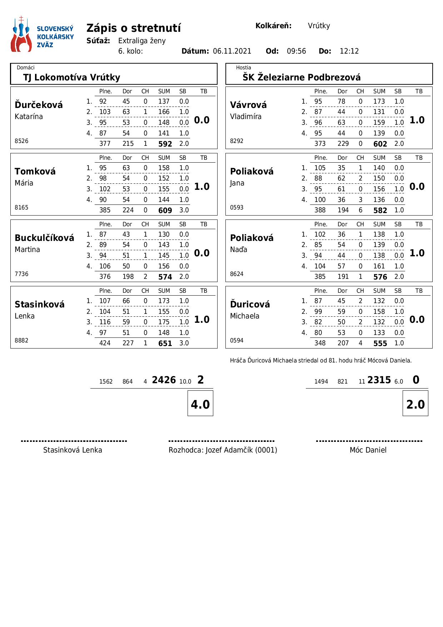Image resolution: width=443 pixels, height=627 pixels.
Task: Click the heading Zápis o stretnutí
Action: pos(133,28)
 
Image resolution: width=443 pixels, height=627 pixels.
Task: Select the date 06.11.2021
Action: pos(232,51)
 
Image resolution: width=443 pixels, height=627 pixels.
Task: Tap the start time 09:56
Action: pos(296,51)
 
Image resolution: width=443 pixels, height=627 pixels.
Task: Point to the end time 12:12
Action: pos(349,51)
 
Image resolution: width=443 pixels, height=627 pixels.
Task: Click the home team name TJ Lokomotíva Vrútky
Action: pos(71,77)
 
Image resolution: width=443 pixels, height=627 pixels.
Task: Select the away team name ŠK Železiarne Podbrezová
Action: pos(302,77)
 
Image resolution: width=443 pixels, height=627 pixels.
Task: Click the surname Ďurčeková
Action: pos(39,105)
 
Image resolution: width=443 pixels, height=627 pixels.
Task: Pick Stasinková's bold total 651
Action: pos(165,344)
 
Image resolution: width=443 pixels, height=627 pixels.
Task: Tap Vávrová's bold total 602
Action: pos(380,144)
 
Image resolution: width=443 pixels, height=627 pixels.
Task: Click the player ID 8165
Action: pos(21,207)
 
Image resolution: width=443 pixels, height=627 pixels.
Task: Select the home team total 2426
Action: pos(164,380)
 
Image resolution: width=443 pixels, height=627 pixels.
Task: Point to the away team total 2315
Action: pos(379,380)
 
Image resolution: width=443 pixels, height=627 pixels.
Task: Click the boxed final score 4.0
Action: pos(200,404)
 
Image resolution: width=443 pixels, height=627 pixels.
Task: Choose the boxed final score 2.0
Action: pos(415,404)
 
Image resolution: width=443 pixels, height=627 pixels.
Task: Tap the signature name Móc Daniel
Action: pos(368,450)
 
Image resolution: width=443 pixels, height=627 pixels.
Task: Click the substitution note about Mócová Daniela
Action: pos(321,360)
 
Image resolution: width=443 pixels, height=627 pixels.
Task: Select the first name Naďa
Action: pos(239,250)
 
